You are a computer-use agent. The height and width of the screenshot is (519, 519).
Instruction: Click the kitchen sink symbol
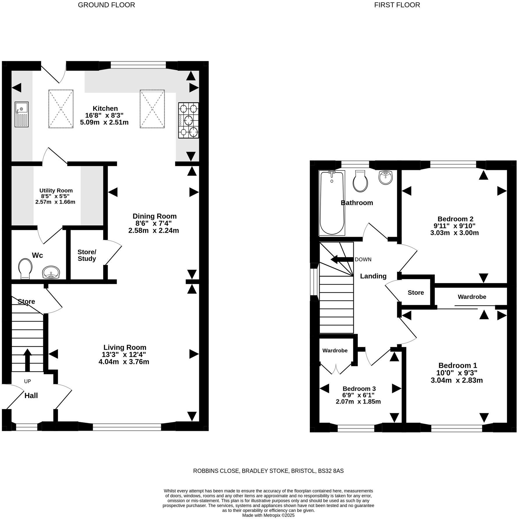pos(22,114)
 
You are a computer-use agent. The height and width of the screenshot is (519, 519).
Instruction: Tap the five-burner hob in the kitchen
pos(189,120)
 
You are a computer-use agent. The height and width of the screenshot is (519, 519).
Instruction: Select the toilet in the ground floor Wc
pos(25,269)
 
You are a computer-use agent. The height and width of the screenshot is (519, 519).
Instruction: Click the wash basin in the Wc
pos(51,272)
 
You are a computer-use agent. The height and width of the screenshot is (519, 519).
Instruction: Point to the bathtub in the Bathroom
pos(332,202)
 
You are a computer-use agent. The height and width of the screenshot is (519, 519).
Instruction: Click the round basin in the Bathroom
pos(386,177)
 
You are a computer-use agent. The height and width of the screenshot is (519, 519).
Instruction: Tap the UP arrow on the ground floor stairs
pos(27,360)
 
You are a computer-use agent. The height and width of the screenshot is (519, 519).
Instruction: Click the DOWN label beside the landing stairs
pos(363,259)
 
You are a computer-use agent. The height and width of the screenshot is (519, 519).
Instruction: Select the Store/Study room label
pos(87,255)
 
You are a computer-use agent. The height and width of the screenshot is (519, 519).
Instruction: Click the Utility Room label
pos(56,191)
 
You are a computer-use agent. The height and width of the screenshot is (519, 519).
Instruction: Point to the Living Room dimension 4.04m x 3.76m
pos(124,362)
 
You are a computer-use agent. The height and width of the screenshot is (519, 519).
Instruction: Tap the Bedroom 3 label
pos(359,389)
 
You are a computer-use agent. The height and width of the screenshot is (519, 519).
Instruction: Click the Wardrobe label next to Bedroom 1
pos(472,297)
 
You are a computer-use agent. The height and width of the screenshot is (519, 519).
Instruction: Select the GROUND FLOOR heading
pos(106,5)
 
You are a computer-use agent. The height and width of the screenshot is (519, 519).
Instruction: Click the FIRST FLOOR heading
pos(397,5)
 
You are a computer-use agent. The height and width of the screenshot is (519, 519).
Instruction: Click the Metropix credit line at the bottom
pos(268,515)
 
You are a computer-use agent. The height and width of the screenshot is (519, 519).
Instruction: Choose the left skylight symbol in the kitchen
pos(61,109)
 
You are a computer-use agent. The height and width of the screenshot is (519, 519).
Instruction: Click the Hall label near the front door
pos(31,396)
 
